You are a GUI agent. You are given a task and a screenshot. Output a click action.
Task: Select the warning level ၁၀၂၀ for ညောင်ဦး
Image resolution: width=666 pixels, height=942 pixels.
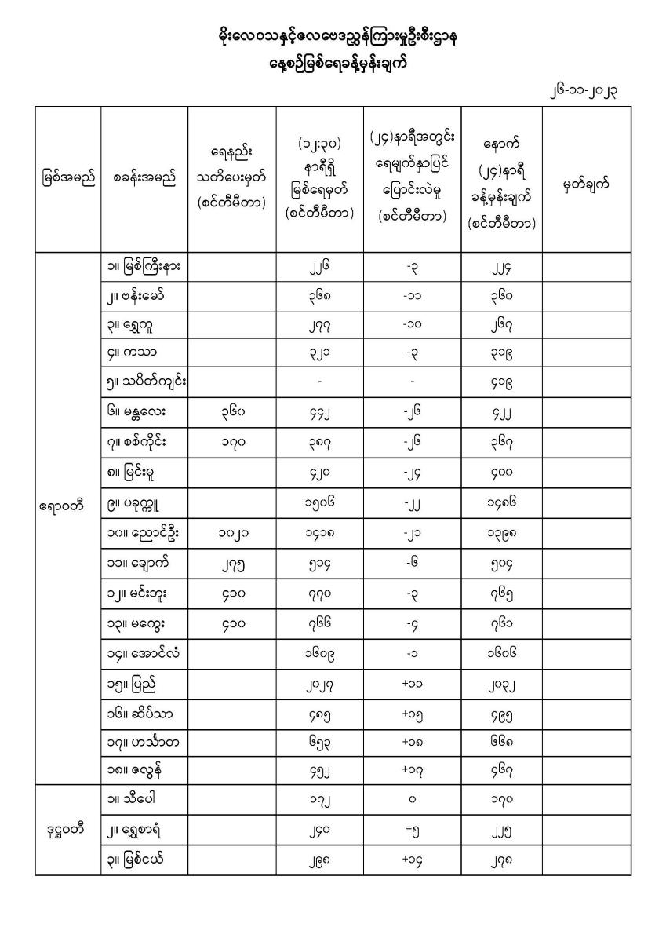point(231,535)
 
